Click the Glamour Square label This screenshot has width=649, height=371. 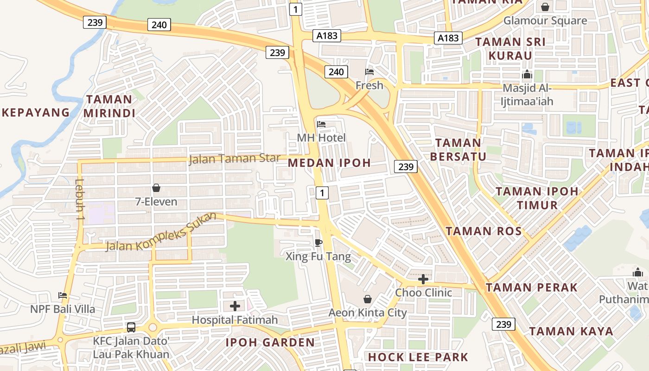pos(545,20)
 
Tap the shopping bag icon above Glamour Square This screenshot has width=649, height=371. pos(545,7)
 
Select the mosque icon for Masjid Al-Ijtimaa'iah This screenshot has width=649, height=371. pos(527,74)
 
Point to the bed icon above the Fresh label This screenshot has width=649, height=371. pos(369,71)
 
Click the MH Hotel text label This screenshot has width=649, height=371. pos(321,138)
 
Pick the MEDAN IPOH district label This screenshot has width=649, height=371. pos(329,163)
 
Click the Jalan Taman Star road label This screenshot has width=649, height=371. pos(235,159)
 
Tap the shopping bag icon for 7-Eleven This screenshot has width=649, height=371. pos(156,188)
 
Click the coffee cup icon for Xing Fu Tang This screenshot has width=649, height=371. pos(318,243)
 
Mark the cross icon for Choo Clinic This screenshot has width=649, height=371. pos(423,279)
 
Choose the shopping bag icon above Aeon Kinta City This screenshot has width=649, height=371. pos(368,299)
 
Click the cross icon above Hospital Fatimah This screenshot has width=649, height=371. pos(235,306)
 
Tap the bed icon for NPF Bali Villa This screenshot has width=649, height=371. pos(63,295)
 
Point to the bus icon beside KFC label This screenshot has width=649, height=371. pos(131,327)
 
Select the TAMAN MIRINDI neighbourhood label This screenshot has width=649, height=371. pos(109,106)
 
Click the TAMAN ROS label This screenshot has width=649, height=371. pos(484,231)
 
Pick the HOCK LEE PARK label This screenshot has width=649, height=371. pos(418,357)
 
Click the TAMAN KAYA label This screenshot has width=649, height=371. pos(571,332)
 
